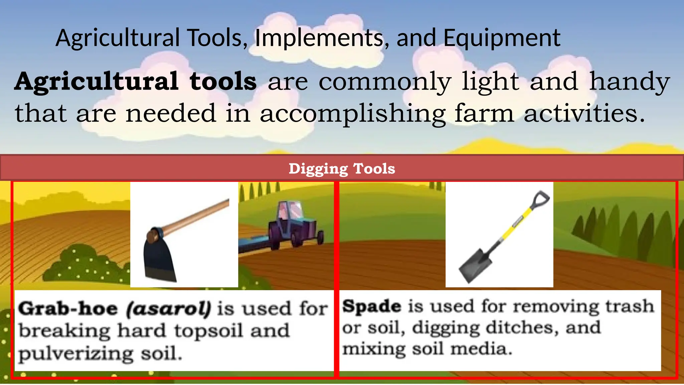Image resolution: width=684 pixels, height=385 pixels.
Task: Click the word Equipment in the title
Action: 502,38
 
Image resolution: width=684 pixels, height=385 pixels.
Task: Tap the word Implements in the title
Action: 319,38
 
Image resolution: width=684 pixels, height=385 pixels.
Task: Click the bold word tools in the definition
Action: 223,82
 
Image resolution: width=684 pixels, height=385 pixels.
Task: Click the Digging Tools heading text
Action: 342,169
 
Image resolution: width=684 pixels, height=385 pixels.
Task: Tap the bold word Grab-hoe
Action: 68,308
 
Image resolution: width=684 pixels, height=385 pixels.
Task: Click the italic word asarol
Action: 169,308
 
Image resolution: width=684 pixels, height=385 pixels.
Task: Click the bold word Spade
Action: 371,306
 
